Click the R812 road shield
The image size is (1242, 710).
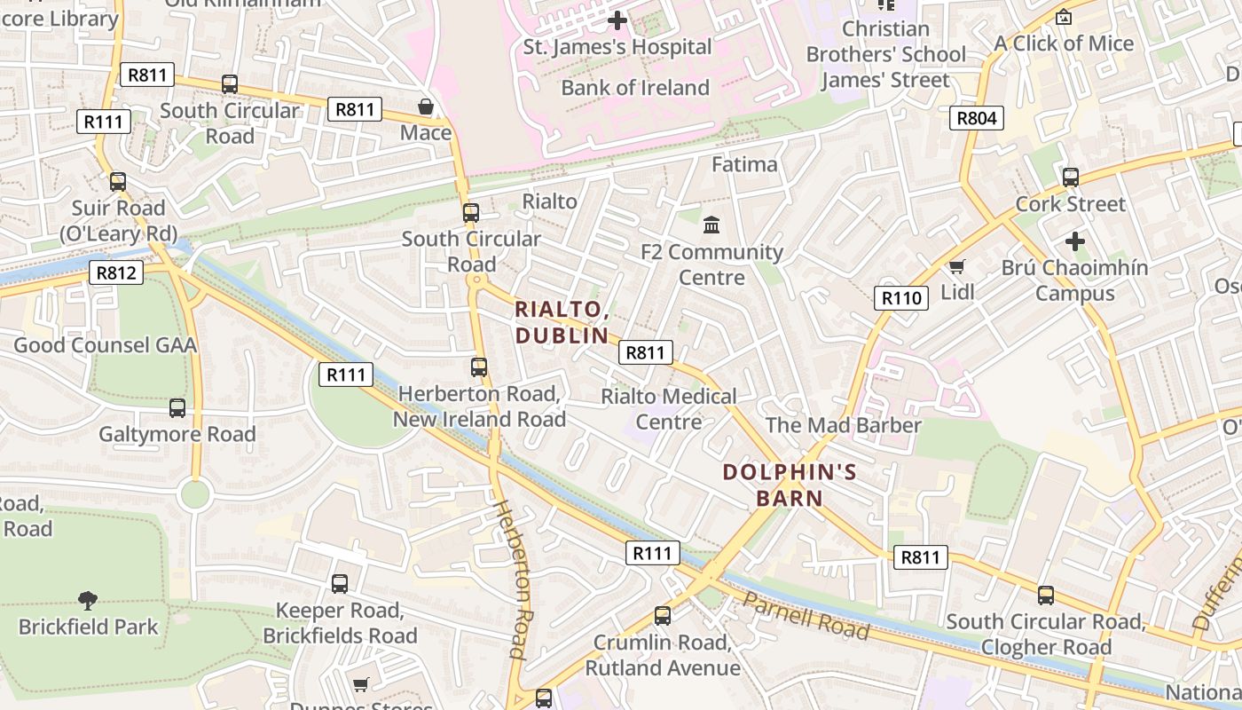pos(116,272)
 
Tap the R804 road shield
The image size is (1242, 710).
pos(977,118)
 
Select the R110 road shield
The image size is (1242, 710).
pos(902,298)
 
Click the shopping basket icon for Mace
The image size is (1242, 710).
pos(426,107)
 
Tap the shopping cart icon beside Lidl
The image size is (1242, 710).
pos(956,266)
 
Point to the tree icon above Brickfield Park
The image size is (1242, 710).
pos(87,601)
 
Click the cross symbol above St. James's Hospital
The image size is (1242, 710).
pos(617,20)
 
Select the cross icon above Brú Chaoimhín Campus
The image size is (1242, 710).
pos(1074,241)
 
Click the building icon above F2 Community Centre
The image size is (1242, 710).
pos(711,225)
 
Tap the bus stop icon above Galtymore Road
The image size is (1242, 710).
pos(177,408)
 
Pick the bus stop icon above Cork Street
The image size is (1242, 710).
pos(1071,177)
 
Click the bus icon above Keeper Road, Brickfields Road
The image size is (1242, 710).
pos(340,584)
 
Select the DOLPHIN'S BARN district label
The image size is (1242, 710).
pos(790,485)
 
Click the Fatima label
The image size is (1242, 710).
pos(744,164)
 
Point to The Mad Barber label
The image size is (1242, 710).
pos(843,425)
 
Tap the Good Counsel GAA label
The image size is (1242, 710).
pos(105,345)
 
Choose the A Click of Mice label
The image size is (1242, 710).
pos(1064,43)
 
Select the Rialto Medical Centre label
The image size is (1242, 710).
pos(669,408)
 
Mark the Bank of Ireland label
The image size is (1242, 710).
pos(635,88)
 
